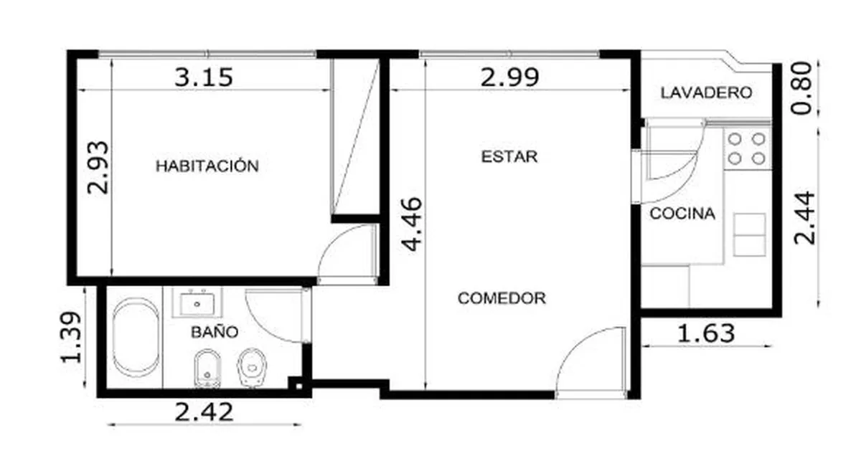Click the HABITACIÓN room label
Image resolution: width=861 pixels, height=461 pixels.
pyautogui.click(x=207, y=166)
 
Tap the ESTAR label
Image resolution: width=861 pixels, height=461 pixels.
pyautogui.click(x=509, y=157)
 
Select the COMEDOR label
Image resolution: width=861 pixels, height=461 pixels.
pyautogui.click(x=502, y=298)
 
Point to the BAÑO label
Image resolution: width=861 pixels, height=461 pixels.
pyautogui.click(x=215, y=332)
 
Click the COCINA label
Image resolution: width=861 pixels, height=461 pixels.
pyautogui.click(x=682, y=214)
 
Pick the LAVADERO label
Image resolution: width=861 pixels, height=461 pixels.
pyautogui.click(x=706, y=92)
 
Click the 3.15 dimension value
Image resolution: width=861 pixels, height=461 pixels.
pyautogui.click(x=204, y=77)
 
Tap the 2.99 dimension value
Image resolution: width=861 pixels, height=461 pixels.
pyautogui.click(x=509, y=77)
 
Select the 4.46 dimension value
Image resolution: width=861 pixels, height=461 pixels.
pyautogui.click(x=412, y=224)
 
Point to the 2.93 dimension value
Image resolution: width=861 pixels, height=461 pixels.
pyautogui.click(x=98, y=168)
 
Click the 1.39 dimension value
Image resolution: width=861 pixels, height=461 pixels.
pyautogui.click(x=71, y=337)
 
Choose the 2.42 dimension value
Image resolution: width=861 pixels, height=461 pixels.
pyautogui.click(x=204, y=412)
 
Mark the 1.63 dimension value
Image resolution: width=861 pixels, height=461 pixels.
pyautogui.click(x=706, y=333)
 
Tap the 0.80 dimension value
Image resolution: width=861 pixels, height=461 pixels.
pyautogui.click(x=801, y=88)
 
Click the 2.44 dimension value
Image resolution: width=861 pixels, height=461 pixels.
pyautogui.click(x=804, y=218)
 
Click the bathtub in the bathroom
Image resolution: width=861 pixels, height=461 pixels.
pyautogui.click(x=136, y=337)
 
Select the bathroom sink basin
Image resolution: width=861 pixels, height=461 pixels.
pyautogui.click(x=197, y=303)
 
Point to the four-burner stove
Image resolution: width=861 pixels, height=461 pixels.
pyautogui.click(x=747, y=149)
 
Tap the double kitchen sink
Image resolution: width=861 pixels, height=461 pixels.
pyautogui.click(x=749, y=235)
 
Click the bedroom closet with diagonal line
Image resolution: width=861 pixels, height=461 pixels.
pyautogui.click(x=356, y=136)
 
